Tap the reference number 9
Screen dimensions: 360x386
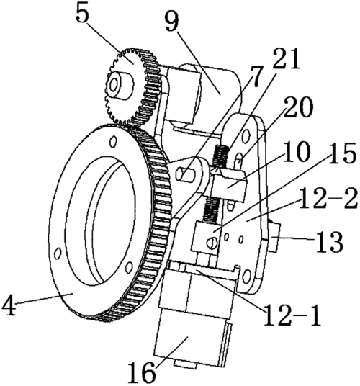(x=172, y=23)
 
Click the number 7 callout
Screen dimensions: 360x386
(x=253, y=76)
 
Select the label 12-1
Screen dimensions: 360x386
(x=292, y=315)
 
